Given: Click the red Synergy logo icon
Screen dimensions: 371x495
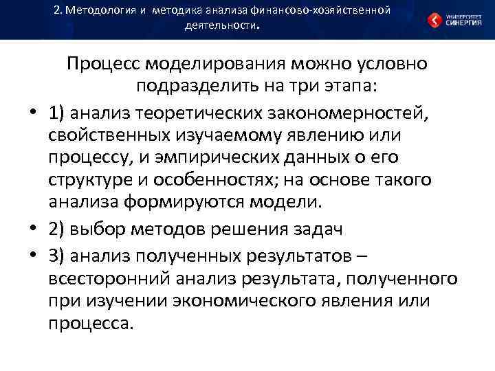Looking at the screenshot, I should point(435,20).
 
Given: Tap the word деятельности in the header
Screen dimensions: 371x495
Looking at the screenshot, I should point(220,27).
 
